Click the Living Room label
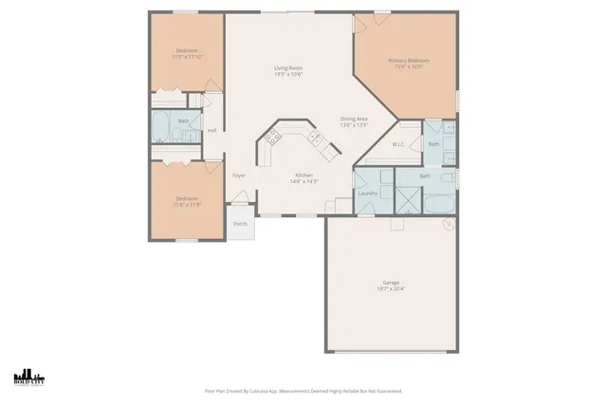tap(288, 67)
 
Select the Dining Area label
tap(354, 119)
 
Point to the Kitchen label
tap(303, 175)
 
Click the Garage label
tap(390, 282)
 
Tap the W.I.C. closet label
tap(399, 144)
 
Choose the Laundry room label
tap(368, 193)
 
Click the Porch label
tap(240, 225)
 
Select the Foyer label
tap(240, 175)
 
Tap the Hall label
tap(212, 130)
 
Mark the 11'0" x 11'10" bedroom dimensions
tap(187, 57)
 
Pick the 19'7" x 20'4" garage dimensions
tap(390, 288)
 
